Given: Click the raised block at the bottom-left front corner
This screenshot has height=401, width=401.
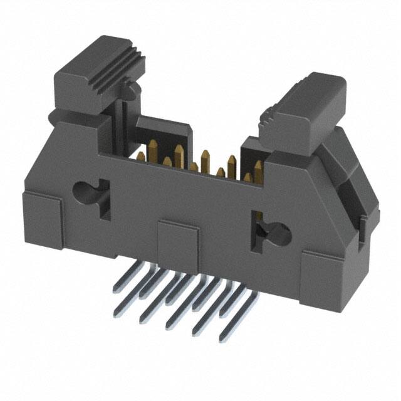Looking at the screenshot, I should point(41,216).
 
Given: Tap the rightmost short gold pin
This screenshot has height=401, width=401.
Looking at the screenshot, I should point(248,179).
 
